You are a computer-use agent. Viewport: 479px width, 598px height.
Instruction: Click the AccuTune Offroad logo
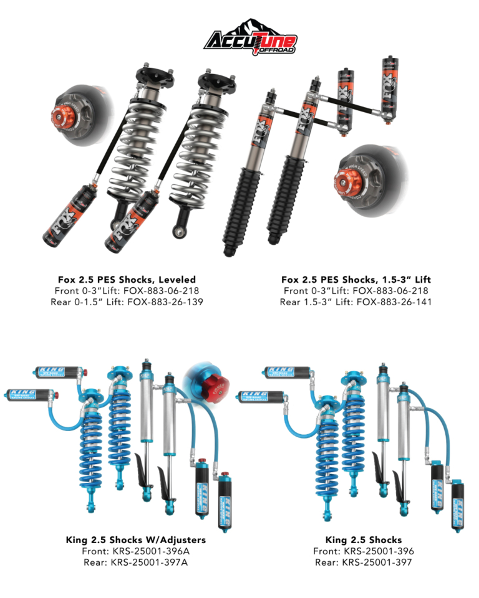coord(251,37)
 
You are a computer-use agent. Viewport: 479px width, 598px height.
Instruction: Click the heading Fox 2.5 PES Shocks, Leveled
coord(127,280)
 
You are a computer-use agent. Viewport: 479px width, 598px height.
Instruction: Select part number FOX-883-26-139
coord(165,302)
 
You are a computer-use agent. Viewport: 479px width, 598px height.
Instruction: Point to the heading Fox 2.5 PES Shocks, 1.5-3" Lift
coord(356,280)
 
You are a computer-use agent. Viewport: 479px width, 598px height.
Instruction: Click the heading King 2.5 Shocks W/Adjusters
coord(135,540)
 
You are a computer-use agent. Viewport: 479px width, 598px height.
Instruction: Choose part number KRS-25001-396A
coord(152,551)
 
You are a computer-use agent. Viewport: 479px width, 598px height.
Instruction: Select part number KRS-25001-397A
coord(149,562)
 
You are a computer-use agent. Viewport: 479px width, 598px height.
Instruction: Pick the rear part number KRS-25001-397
coord(377,562)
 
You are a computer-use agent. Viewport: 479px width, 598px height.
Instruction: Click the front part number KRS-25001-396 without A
coord(379,551)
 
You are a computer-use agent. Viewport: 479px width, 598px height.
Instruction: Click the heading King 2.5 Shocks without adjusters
coord(363,540)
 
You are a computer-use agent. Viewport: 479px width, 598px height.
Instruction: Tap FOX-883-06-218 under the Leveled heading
coord(161,291)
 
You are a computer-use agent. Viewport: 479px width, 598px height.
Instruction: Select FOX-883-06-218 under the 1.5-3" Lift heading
coord(390,291)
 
